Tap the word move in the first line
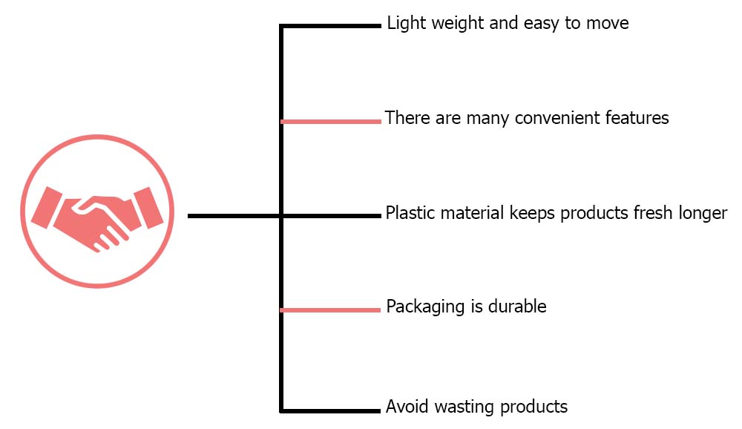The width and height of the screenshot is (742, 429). tap(607, 24)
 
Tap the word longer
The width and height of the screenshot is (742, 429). tap(703, 214)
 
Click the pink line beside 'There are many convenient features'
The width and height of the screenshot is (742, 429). tap(331, 121)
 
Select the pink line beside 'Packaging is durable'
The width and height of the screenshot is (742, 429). tap(331, 310)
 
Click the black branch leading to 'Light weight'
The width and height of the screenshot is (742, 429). tap(331, 26)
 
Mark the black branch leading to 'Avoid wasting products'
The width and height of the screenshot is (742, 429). tap(331, 410)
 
